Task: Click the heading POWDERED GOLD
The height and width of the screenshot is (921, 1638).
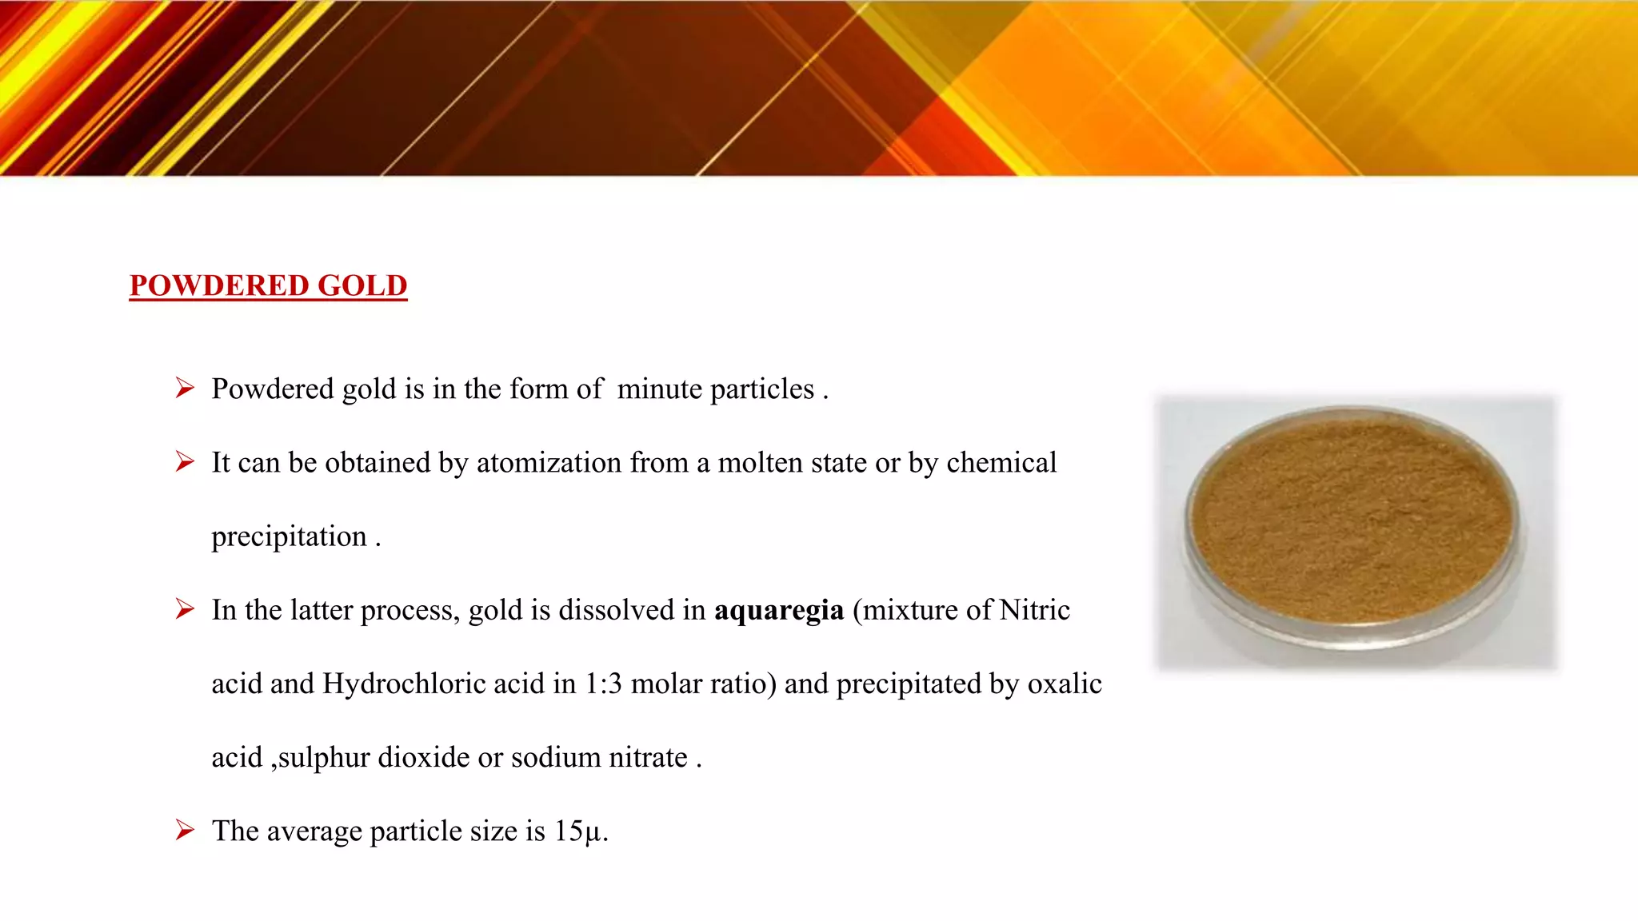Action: (268, 285)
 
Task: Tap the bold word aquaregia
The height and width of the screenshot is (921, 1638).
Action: (778, 611)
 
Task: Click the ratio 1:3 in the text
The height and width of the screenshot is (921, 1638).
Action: (602, 684)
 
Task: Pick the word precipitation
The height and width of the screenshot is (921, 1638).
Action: (289, 537)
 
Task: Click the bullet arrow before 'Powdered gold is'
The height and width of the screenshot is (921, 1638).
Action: (185, 389)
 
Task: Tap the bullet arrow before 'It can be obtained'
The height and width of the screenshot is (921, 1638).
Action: (185, 462)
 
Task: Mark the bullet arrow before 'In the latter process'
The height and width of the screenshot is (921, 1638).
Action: (185, 610)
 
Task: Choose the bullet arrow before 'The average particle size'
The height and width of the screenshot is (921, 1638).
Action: (185, 831)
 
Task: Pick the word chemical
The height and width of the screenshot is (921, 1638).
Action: (1001, 463)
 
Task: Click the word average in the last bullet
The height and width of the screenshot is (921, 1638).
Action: (314, 832)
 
